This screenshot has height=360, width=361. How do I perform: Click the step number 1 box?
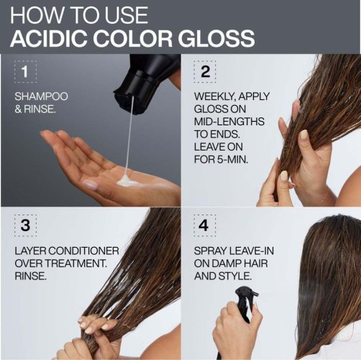26,72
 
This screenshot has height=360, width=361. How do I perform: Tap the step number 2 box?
206,72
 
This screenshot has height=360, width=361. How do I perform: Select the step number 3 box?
26,225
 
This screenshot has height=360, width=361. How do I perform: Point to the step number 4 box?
206,225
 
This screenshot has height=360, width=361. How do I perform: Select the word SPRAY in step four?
213,253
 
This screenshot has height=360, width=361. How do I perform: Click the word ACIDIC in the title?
47,37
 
